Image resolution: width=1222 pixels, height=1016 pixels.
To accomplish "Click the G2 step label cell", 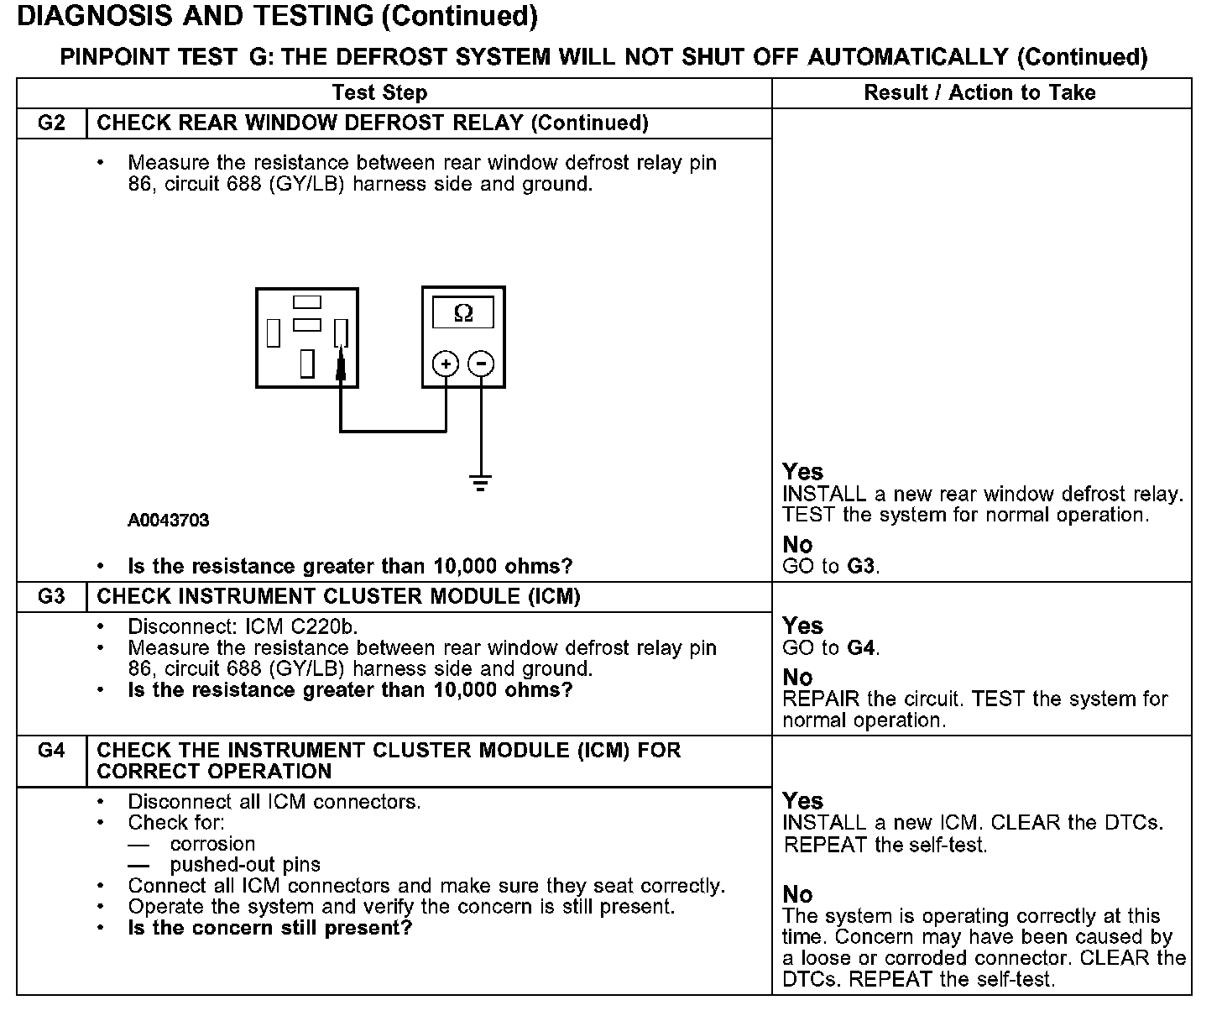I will [x=51, y=123].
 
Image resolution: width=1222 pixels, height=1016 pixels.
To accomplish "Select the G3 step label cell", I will [x=51, y=597].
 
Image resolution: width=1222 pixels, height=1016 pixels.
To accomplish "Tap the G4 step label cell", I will [x=51, y=751].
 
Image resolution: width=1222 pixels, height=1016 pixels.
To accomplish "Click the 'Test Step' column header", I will [x=379, y=93].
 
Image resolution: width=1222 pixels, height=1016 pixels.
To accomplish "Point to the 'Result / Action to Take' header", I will [x=979, y=93].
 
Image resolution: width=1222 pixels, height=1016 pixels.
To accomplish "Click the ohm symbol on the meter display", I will [x=462, y=314].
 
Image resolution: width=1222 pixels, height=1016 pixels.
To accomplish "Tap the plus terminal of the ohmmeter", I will [x=445, y=364].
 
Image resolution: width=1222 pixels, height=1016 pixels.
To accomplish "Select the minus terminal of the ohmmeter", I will [x=481, y=364].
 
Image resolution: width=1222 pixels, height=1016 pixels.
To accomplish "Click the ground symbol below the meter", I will [x=481, y=483].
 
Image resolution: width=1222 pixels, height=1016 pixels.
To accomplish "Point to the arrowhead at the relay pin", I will [x=340, y=364].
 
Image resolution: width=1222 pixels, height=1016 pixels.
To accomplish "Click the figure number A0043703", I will [x=169, y=521].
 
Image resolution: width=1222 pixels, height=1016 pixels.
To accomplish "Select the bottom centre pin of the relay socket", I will [x=307, y=363].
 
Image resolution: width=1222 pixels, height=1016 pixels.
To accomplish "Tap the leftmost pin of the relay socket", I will [x=273, y=333].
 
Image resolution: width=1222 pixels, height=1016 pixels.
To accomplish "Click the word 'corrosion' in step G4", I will [x=212, y=844].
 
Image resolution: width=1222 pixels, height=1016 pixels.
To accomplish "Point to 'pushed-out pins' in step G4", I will [x=245, y=865].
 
